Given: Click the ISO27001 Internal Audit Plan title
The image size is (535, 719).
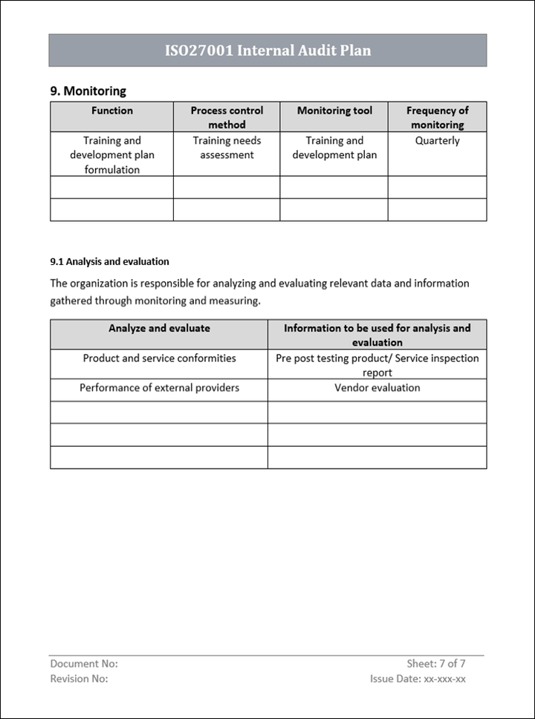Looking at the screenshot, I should point(267,50).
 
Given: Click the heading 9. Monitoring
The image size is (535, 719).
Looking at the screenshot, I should point(88,91).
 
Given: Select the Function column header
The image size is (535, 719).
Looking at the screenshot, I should point(112,111).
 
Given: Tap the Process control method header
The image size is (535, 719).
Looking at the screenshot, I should point(227,117).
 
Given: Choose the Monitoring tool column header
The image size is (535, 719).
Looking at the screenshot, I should point(334,111).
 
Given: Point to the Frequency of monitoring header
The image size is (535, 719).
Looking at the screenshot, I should point(437,117).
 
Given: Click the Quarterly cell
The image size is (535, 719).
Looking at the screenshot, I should point(437,140).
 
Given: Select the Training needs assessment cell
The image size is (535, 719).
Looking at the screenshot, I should point(227,148).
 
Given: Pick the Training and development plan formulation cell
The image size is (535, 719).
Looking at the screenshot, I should point(112,154).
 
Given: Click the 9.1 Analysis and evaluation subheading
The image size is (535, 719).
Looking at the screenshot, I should point(110,261).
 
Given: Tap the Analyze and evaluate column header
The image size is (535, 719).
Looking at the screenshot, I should point(159,328).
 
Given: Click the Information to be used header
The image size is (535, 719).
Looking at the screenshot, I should point(377,335).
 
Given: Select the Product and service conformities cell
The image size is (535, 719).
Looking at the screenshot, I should point(159,358).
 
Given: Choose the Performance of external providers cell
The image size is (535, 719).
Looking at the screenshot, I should point(159,387).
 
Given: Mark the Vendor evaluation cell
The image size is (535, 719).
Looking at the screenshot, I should point(377,387).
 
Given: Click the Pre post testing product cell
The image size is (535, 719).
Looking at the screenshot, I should point(377,365).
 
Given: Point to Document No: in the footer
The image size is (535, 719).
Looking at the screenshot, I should point(84,664).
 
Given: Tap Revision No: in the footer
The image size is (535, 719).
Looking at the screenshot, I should point(79,678).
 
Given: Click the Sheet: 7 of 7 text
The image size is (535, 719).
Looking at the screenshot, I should point(436,664).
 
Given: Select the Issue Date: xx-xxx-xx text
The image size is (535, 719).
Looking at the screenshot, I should point(418,678).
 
